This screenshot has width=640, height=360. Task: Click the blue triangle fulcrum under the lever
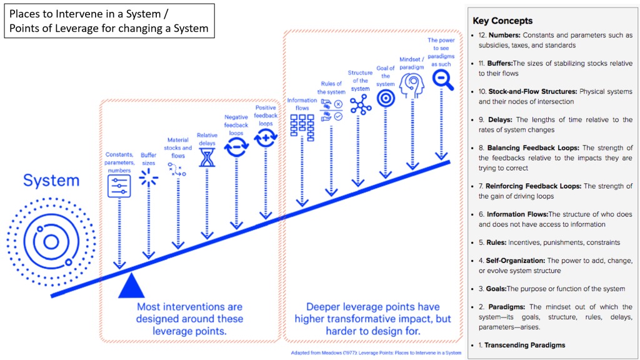coord(131,287)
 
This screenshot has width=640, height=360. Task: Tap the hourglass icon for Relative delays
coord(207,157)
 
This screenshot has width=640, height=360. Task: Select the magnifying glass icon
coord(442,78)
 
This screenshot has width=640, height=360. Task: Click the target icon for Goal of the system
coord(386,98)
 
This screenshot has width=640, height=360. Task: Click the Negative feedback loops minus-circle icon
coord(236,147)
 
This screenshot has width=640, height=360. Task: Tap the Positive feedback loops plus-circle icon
coord(266,137)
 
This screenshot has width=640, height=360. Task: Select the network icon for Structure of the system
coord(361,104)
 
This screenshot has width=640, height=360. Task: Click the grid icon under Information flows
coord(302,125)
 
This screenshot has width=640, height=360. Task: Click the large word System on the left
coord(51,181)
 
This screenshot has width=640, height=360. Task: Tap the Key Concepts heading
coord(502,21)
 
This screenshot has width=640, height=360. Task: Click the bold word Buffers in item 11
coord(500,63)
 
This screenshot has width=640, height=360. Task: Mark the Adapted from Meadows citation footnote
coord(376,353)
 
